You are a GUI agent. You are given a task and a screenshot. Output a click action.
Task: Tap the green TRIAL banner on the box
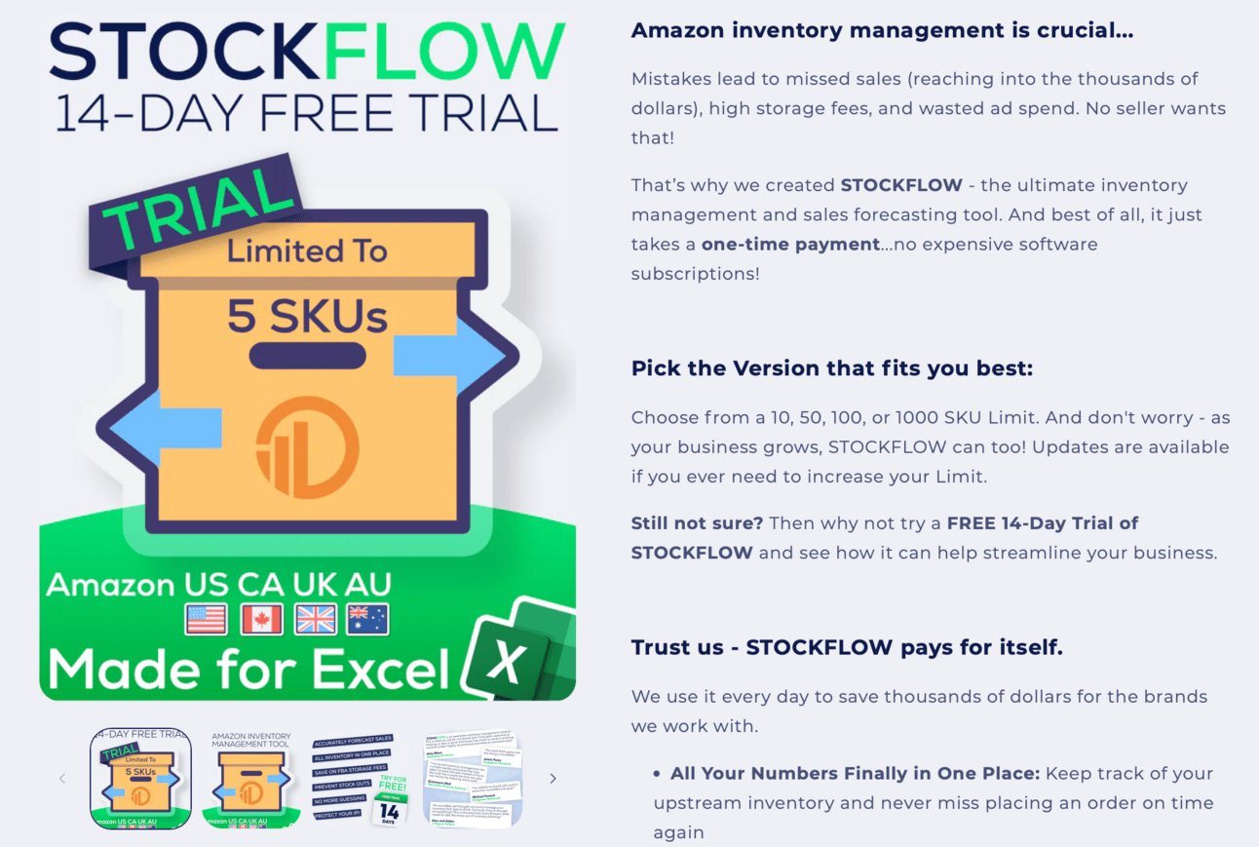point(195,207)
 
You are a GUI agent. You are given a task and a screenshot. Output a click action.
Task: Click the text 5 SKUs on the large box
point(307,315)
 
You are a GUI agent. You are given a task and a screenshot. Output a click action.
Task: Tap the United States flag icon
point(206,619)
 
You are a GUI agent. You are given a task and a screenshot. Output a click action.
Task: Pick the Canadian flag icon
point(261,619)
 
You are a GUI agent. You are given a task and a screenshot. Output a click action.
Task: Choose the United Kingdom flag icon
point(315,619)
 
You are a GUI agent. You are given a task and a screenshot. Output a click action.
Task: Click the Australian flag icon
point(367,619)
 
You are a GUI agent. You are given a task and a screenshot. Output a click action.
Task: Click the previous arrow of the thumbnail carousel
point(62,778)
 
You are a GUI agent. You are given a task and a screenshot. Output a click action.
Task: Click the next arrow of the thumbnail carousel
point(553,778)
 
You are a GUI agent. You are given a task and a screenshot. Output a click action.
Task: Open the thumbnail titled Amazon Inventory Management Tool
point(251,778)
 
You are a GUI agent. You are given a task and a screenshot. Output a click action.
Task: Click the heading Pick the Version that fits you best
point(831,368)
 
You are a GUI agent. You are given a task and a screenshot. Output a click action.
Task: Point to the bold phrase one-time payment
point(790,244)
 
